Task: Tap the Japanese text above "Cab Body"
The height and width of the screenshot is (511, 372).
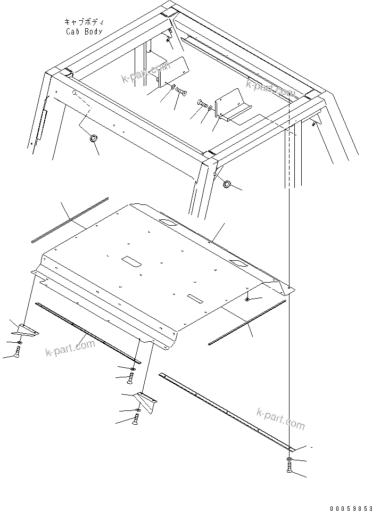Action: pyautogui.click(x=84, y=22)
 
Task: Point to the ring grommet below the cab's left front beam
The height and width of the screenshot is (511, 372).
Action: pyautogui.click(x=93, y=139)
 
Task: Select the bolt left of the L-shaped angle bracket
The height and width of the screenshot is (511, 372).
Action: pyautogui.click(x=202, y=103)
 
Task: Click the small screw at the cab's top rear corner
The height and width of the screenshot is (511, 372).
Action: pyautogui.click(x=169, y=37)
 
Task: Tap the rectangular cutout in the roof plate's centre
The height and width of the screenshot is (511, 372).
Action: pyautogui.click(x=131, y=261)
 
